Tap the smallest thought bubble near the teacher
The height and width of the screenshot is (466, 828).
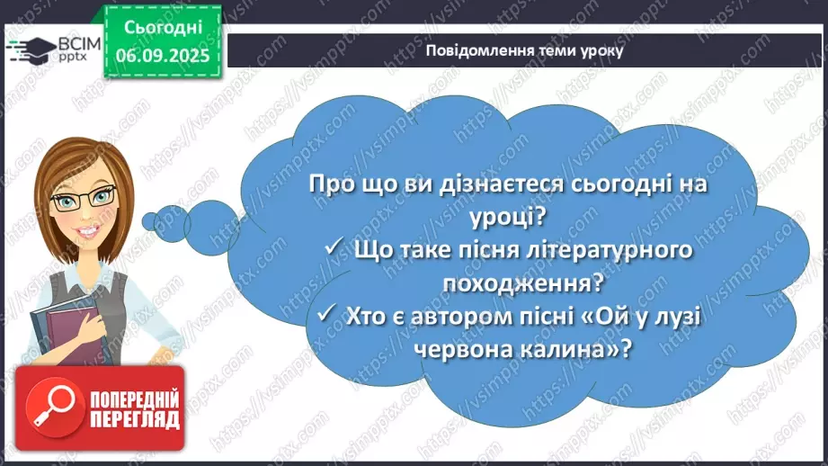[x=165, y=219]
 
